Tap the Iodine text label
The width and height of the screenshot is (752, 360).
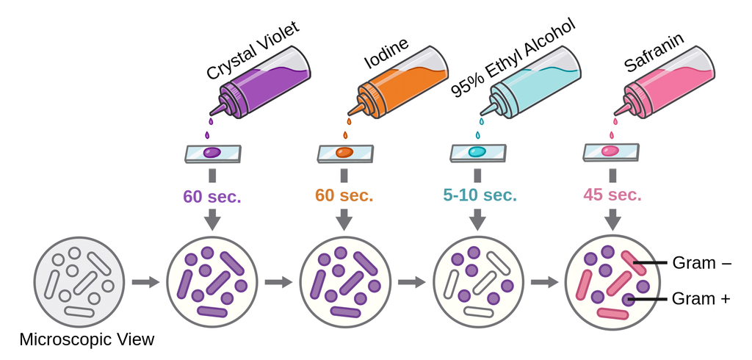click(386, 52)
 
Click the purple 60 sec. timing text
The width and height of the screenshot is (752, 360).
click(212, 196)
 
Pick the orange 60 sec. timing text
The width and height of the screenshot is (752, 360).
click(344, 196)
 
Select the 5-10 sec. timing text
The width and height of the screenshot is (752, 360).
click(480, 196)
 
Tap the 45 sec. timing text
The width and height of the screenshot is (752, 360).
click(612, 196)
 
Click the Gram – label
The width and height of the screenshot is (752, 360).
click(701, 263)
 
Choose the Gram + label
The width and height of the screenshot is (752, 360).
click(701, 298)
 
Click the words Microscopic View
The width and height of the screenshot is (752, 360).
click(87, 340)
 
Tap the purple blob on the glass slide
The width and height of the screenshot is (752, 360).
click(212, 153)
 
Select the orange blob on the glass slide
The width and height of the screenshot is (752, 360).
click(344, 153)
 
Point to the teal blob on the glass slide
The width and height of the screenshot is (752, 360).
click(477, 152)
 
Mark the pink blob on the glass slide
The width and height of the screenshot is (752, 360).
click(610, 151)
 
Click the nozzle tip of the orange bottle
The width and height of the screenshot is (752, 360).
click(348, 114)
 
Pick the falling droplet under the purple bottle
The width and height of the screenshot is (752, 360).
click(208, 135)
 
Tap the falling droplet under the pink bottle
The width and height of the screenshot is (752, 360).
click(612, 135)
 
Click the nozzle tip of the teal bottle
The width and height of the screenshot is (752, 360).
click(482, 114)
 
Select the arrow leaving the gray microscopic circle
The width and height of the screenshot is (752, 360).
click(145, 282)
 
